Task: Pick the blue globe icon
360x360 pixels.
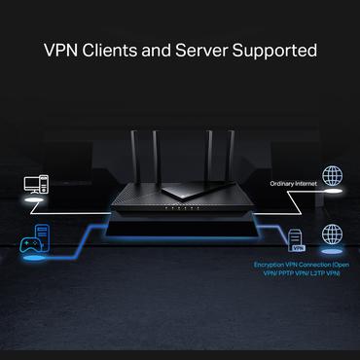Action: [x=332, y=235]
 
